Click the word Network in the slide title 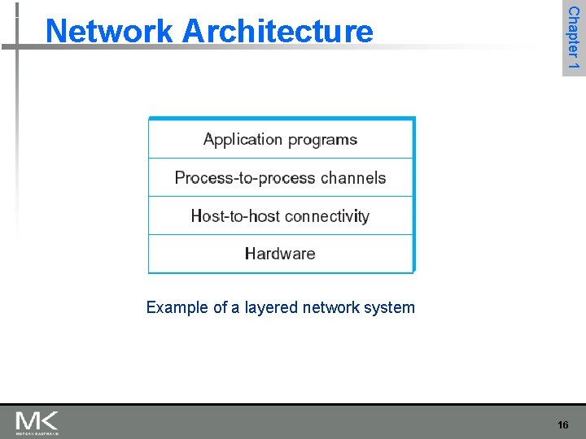coord(109,31)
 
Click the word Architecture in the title coord(278,31)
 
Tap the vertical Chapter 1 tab coord(573,37)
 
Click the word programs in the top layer coord(321,140)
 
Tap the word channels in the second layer coord(353,178)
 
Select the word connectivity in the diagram coord(327,216)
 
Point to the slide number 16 coord(562,424)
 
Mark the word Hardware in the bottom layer coord(280,254)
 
